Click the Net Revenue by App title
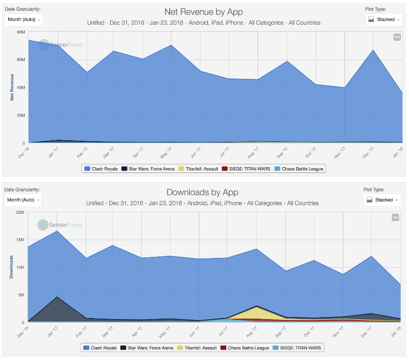tap(204, 12)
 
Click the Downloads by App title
tap(202, 192)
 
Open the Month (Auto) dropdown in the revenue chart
tap(23, 19)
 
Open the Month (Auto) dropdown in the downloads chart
tap(23, 200)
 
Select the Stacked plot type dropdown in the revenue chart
tap(384, 19)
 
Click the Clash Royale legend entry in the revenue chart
tap(101, 169)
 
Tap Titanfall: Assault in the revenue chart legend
tap(199, 169)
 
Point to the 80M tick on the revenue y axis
tap(21, 32)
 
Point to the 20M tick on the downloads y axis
tap(21, 212)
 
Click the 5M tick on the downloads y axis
tap(22, 295)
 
